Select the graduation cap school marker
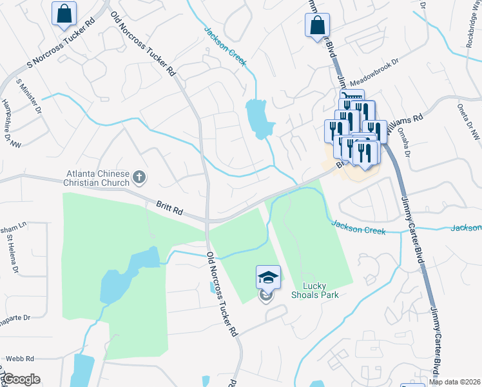tap(268, 277)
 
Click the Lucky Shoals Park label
tap(320, 290)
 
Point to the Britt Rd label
tap(170, 208)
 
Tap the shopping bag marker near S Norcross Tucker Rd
tap(64, 14)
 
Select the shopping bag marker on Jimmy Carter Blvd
tap(318, 26)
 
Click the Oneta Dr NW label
tap(468, 122)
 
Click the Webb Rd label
tap(21, 358)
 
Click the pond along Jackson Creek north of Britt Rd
tap(258, 118)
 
